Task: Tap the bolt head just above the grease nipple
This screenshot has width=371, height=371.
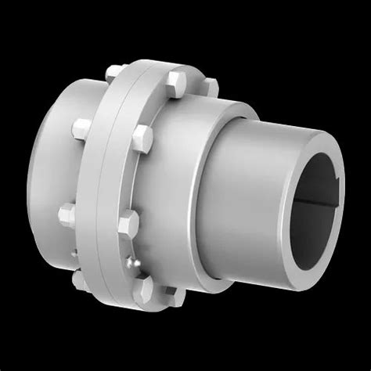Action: (128, 229)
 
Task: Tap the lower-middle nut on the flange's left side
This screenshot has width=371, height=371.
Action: (66, 212)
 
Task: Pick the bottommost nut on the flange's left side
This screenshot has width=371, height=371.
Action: (80, 279)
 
